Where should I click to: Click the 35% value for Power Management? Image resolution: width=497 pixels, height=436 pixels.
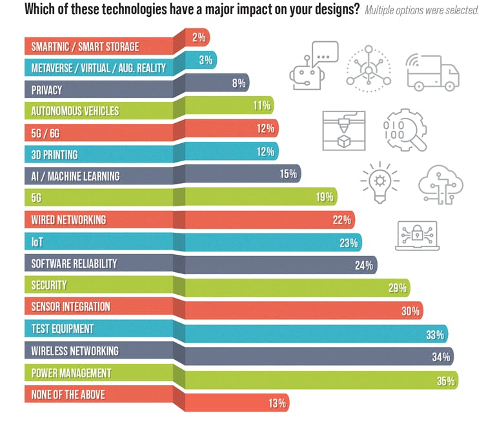445,381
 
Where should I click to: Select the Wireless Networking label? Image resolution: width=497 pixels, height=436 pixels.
75,351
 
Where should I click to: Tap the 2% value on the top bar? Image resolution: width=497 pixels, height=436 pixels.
199,38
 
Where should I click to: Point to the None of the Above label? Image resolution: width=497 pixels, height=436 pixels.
68,395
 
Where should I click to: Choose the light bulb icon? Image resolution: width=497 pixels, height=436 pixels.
380,181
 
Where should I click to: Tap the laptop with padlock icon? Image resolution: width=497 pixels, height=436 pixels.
417,235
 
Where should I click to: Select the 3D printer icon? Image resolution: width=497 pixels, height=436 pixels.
343,130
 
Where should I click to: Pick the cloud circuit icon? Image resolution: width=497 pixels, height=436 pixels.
441,184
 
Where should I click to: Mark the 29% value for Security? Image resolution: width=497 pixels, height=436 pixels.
398,288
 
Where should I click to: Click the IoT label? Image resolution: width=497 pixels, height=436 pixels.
37,241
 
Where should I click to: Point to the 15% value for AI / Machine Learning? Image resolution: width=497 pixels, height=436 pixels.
288,173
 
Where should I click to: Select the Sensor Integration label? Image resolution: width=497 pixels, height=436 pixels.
70,306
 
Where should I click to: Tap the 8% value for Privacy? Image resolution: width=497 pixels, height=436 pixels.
239,83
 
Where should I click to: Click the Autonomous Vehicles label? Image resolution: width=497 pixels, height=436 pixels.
75,111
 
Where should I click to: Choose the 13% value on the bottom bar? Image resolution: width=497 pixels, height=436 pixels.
277,404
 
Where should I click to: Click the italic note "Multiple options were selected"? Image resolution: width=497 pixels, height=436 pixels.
421,11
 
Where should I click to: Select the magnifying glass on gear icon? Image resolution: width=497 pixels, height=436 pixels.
405,129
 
